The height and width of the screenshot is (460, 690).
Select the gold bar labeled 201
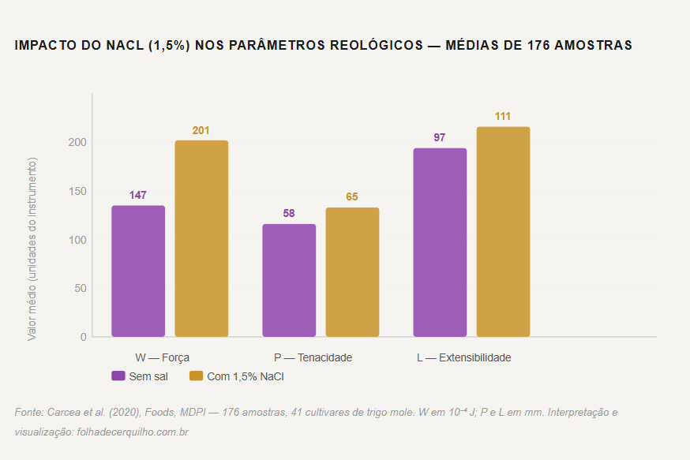[201, 238]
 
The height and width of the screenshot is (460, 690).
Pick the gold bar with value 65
[352, 272]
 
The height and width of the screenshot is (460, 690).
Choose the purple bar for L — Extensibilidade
[440, 242]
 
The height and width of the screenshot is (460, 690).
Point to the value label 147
[138, 195]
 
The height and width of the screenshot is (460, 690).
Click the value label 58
[289, 214]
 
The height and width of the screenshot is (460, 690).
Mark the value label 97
[440, 137]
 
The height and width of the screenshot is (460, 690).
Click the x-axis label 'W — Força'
[162, 357]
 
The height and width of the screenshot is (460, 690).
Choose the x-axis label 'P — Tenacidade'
[313, 357]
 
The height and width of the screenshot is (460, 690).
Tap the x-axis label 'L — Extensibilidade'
[463, 357]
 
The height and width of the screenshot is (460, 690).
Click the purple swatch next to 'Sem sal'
[118, 376]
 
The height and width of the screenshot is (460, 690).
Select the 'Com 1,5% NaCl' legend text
[246, 376]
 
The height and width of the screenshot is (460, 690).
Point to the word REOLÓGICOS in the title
[370, 46]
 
